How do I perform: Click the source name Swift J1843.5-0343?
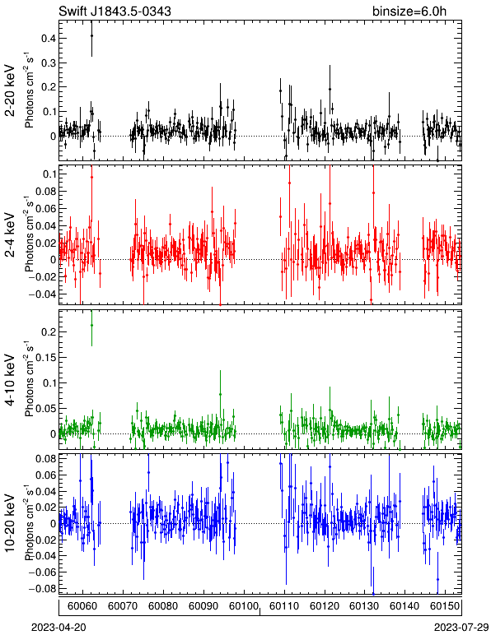coord(115,11)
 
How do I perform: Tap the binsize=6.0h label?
coord(409,11)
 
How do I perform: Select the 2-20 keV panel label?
coord(11,90)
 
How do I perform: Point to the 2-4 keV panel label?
coord(11,235)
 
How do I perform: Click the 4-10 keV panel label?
coord(11,380)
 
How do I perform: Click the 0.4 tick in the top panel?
coord(49,39)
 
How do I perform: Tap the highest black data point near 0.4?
coord(91,35)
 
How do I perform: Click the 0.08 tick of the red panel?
coord(46,191)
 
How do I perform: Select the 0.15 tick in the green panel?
coord(46,358)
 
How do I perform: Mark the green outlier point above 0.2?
coord(91,325)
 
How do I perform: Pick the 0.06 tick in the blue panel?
coord(46,475)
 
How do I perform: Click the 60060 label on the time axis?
coord(82,606)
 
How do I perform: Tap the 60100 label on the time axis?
coord(244,606)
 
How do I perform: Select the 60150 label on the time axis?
coord(445,606)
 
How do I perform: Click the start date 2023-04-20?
coord(58,628)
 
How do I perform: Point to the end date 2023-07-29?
coord(461,628)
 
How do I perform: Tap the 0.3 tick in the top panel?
coord(49,63)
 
